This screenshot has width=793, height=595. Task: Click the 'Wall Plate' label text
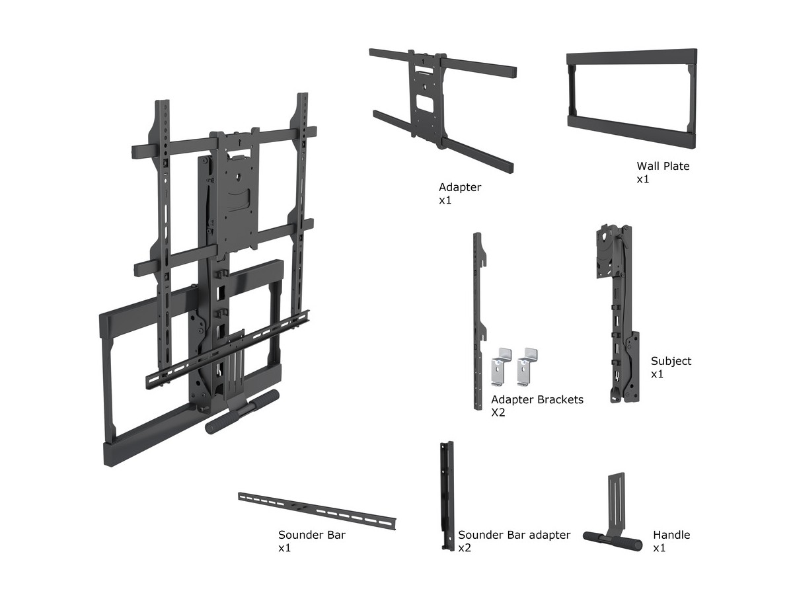pos(663,166)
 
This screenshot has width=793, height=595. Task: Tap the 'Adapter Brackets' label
pos(537,400)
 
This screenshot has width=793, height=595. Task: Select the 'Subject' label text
pos(671,361)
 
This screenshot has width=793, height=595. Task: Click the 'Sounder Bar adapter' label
pos(514,535)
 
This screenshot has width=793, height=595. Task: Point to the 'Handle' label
pos(671,535)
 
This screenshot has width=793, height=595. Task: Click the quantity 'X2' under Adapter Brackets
pos(498,413)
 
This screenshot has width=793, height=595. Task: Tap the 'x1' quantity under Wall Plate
pos(643,179)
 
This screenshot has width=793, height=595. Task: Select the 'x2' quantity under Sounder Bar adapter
pos(465,548)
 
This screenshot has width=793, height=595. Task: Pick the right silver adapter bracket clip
pos(527,365)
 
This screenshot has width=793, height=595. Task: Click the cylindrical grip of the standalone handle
pos(613,540)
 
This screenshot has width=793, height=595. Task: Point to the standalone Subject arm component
pos(619,311)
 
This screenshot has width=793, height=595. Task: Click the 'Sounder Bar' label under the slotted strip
pos(311,535)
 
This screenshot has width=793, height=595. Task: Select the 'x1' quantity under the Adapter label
pos(445,200)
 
